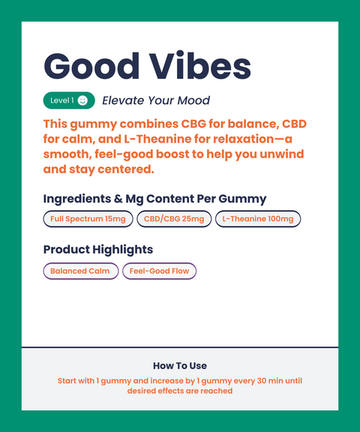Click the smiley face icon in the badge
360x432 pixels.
pyautogui.click(x=82, y=100)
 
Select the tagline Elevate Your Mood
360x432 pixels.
pyautogui.click(x=156, y=100)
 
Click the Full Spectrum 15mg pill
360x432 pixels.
pyautogui.click(x=88, y=219)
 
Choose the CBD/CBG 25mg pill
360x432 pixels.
pyautogui.click(x=174, y=219)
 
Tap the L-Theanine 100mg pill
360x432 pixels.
pyautogui.click(x=258, y=219)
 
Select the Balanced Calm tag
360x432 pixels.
pyautogui.click(x=80, y=271)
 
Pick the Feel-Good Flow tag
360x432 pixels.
pyautogui.click(x=159, y=271)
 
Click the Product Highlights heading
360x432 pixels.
pyautogui.click(x=98, y=249)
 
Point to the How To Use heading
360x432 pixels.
pyautogui.click(x=180, y=366)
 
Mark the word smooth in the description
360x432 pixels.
pyautogui.click(x=65, y=154)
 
